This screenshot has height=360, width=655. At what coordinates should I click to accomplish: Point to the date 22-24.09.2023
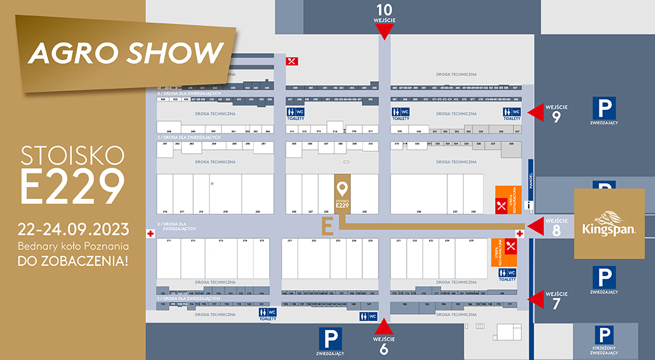click(72, 230)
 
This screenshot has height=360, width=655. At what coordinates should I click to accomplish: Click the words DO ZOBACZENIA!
click(73, 261)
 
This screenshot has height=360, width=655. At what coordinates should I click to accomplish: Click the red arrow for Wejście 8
click(536, 226)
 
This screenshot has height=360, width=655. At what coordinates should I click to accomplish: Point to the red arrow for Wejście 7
click(537, 299)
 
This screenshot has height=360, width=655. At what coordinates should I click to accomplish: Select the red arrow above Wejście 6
click(384, 327)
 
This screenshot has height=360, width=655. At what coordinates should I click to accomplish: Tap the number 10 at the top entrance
click(384, 9)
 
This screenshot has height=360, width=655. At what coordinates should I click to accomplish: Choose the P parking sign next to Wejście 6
click(329, 339)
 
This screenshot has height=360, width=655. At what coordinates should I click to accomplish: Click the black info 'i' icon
click(529, 206)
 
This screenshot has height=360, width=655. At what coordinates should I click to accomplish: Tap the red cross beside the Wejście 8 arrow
click(520, 233)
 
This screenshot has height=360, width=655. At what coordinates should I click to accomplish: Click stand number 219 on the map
click(225, 211)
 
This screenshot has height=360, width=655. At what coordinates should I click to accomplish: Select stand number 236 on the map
click(419, 211)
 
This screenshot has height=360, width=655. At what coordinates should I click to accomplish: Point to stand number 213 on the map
click(221, 241)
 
